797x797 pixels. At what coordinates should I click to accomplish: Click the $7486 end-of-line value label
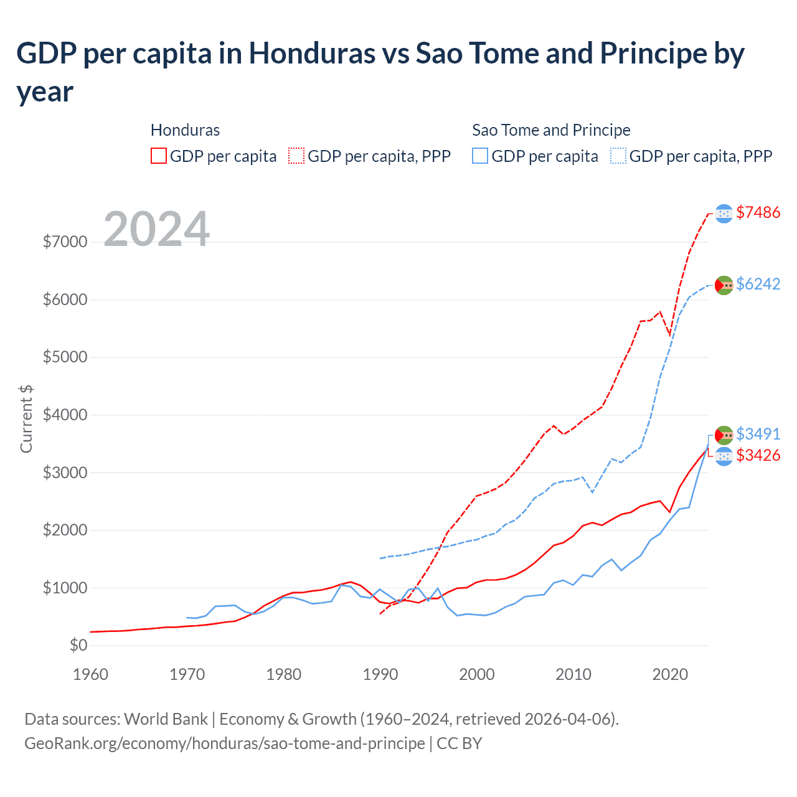coord(758,212)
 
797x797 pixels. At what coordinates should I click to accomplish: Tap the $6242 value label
coord(758,284)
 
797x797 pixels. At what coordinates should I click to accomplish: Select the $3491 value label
coord(758,433)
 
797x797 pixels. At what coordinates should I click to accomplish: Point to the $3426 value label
coord(758,455)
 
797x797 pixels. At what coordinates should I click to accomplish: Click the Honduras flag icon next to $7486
coord(724,214)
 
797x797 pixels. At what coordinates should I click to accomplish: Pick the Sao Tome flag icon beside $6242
coord(724,285)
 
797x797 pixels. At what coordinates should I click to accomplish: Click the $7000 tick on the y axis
coord(65,242)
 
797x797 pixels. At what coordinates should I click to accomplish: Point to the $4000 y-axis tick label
coord(65,415)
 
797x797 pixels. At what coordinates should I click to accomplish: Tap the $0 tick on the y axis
coord(78,645)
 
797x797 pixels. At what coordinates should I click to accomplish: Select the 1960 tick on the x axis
coord(90,674)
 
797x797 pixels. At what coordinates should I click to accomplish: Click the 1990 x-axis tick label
coord(380,674)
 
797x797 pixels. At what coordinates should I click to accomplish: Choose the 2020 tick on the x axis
coord(669,674)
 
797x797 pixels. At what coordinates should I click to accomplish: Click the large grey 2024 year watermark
coord(156,229)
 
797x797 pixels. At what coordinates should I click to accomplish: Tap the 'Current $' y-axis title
coord(26,418)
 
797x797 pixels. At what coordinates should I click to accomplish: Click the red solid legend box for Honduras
coord(159,156)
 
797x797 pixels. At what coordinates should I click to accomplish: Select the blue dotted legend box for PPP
coord(618,156)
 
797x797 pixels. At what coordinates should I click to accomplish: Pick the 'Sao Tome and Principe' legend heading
coord(551,130)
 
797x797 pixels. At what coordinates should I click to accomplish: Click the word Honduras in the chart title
coord(312,54)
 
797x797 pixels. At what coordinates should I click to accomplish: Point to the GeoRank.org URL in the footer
coord(225,743)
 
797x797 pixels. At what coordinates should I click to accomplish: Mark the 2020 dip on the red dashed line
coord(670,336)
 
